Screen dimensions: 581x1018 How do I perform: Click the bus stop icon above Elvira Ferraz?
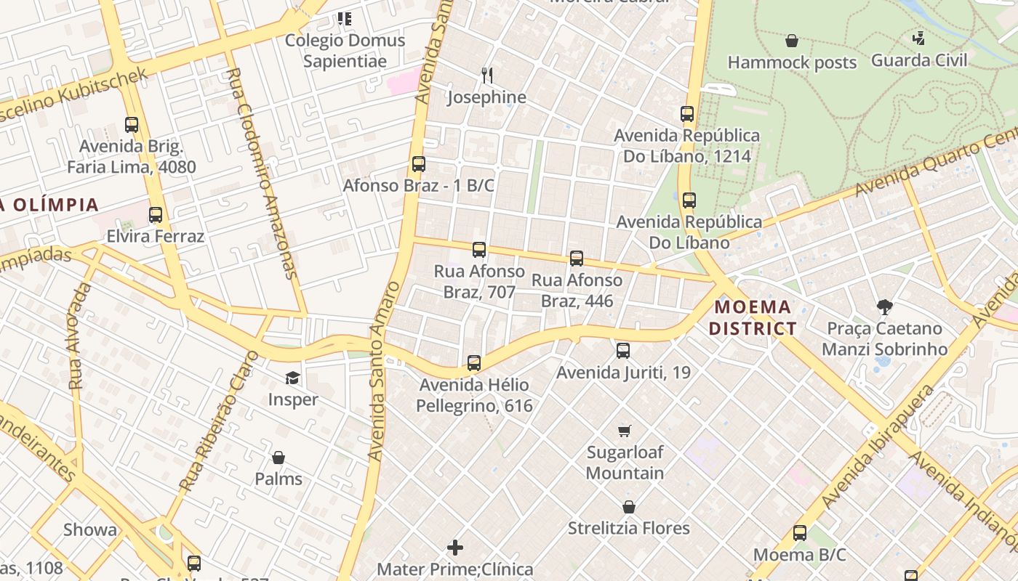pos(156,215)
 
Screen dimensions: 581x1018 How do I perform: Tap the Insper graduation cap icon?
pos(292,378)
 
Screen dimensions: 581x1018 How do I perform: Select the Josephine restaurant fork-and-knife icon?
pos(487,75)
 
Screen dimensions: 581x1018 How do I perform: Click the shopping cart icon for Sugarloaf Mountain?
pos(624,431)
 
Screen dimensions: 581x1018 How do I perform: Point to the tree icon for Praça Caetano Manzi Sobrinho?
pos(884,307)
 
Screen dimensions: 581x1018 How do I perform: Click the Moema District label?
pos(753,317)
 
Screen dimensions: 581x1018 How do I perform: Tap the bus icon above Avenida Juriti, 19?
pos(623,351)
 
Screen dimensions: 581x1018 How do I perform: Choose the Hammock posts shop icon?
pos(792,41)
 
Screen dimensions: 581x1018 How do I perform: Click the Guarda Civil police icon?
pos(919,38)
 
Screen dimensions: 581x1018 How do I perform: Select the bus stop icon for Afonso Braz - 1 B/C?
pos(419,164)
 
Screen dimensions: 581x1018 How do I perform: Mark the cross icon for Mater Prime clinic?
pos(455,548)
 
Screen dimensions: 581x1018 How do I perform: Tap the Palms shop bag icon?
pos(278,458)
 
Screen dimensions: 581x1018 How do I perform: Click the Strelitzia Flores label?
pos(628,528)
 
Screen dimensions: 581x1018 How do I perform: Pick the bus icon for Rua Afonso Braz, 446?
pos(577,259)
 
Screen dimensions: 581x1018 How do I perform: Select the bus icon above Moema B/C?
pos(800,533)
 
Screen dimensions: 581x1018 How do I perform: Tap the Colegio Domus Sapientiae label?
pos(345,50)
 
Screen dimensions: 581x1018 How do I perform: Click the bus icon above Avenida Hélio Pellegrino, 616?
pos(474,363)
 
